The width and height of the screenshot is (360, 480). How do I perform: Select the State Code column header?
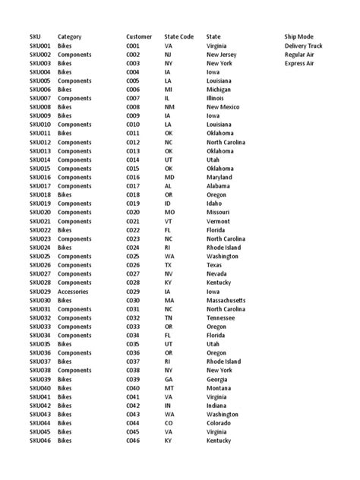coord(179,36)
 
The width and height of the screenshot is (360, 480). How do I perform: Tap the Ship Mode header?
coord(298,36)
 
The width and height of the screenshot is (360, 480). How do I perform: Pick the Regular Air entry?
coord(299,55)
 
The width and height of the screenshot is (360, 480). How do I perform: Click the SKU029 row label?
coord(40,291)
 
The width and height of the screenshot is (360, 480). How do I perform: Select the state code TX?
coord(168,264)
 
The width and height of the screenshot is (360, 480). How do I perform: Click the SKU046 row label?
coord(40,441)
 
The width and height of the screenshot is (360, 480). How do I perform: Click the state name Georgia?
coord(219,379)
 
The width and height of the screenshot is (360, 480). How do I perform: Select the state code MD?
coord(169,177)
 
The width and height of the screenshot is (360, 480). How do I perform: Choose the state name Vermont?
coord(219,221)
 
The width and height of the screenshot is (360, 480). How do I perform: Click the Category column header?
coord(69,36)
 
